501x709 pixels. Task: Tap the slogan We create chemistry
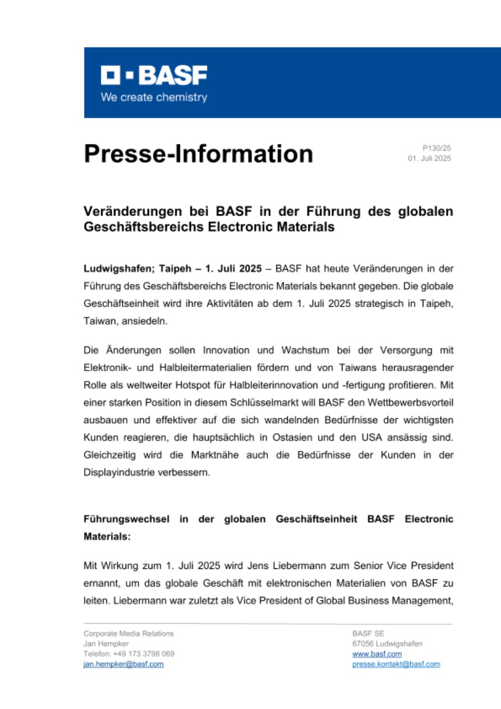coord(154,97)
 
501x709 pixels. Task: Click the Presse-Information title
coord(198,153)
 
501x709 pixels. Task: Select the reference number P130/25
coord(437,148)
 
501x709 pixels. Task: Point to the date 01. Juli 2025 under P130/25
coord(430,158)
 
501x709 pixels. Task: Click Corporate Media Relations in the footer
coord(128,634)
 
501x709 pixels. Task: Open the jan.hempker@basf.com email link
coord(123,664)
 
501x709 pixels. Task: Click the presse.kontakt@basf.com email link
coord(396,664)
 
